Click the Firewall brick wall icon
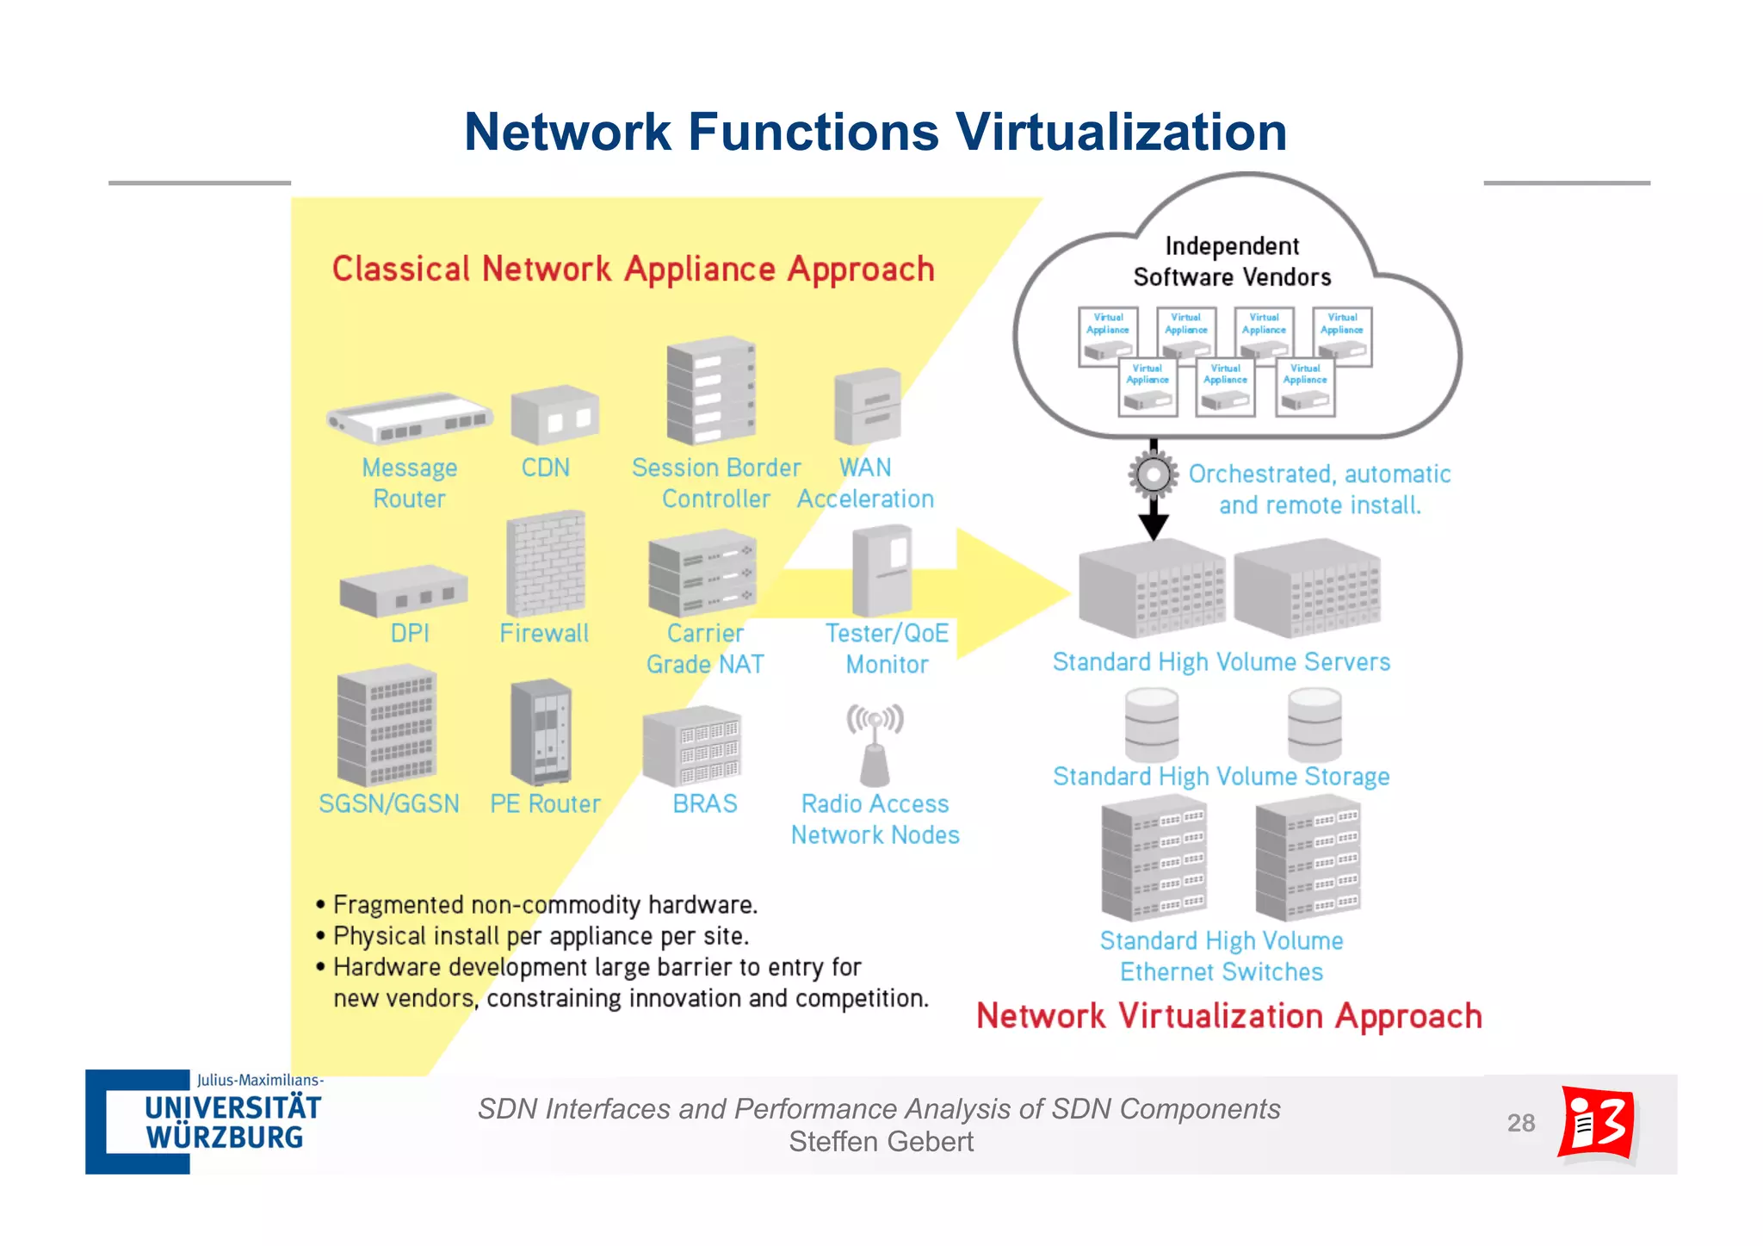[546, 563]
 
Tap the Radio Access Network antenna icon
[875, 746]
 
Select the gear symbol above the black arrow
[1153, 474]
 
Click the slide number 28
[1520, 1123]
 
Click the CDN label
[545, 468]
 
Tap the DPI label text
[409, 633]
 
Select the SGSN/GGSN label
[388, 803]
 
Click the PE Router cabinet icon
[541, 732]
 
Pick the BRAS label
[704, 803]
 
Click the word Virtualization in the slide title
[1120, 132]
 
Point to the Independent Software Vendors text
[1231, 261]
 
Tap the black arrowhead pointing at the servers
[1153, 526]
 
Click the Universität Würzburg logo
[205, 1121]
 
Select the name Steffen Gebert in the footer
[881, 1142]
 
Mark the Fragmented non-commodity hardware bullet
[544, 905]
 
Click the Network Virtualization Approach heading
[1228, 1016]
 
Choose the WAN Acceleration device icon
[868, 406]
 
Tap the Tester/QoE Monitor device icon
[881, 572]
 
